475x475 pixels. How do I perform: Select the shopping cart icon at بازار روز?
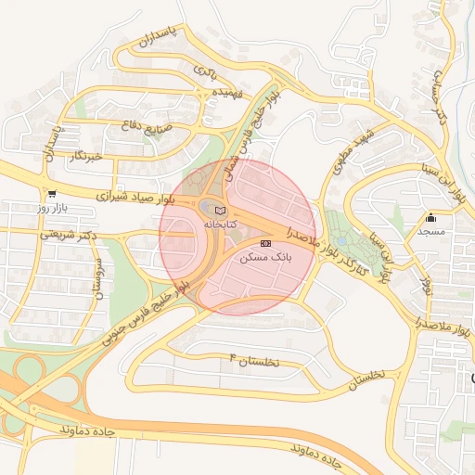click(x=51, y=194)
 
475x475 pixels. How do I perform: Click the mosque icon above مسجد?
click(x=430, y=218)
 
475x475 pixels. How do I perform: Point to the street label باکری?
click(x=205, y=71)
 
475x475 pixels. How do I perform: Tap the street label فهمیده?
click(x=202, y=94)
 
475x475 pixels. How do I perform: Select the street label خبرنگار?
click(x=90, y=157)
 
